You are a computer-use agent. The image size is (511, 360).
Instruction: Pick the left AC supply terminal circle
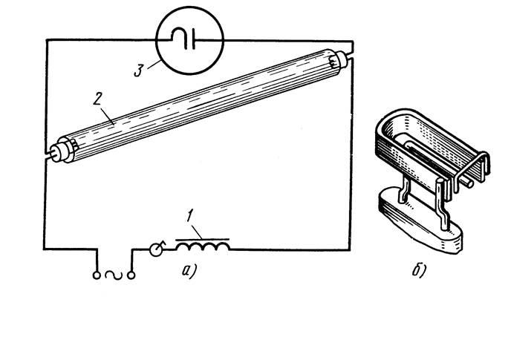click(97, 276)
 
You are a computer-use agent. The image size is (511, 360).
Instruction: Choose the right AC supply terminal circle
click(133, 276)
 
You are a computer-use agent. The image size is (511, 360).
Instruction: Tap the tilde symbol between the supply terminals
click(114, 276)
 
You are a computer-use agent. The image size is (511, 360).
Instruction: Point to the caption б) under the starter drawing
click(419, 270)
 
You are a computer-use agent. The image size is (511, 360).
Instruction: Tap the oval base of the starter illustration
click(423, 223)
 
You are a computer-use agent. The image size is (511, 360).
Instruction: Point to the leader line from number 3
click(152, 67)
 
